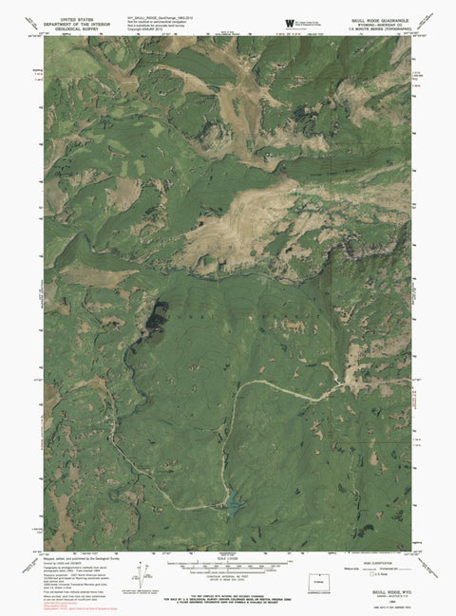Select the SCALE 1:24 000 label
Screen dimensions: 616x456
[x=228, y=558]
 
